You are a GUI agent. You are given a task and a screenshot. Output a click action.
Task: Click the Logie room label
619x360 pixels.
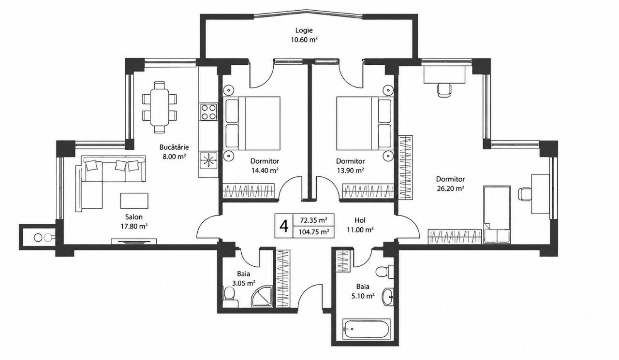click(x=304, y=30)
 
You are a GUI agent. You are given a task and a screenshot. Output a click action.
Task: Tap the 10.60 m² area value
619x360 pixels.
click(x=304, y=40)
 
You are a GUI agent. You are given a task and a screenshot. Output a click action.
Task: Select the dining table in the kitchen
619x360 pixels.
click(x=159, y=107)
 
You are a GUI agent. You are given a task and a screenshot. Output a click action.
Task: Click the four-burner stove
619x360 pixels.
click(x=208, y=112)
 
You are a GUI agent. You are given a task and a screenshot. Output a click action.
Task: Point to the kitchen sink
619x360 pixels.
click(x=208, y=160)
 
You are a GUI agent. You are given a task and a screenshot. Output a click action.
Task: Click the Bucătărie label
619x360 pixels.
click(x=174, y=147)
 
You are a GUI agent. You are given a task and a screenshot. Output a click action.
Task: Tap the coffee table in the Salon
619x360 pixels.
click(x=134, y=201)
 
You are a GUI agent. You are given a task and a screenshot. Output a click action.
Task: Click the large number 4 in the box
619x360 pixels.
click(x=284, y=226)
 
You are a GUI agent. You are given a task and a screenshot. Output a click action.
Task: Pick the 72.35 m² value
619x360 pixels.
click(x=314, y=220)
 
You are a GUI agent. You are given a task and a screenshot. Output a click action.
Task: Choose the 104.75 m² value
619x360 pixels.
click(x=314, y=232)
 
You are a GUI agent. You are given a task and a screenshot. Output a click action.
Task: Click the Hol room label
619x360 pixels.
click(x=360, y=220)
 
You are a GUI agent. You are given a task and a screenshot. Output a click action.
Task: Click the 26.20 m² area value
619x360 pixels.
click(x=450, y=189)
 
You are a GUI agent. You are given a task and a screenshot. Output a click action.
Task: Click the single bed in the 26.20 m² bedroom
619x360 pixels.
click(x=497, y=215)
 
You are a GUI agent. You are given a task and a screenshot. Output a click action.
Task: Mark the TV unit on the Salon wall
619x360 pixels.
click(x=134, y=241)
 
